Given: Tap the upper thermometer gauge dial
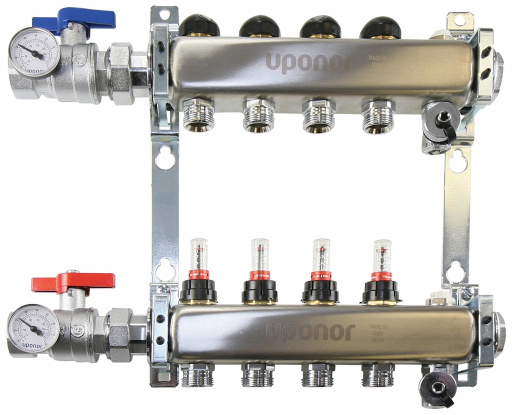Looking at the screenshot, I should [34, 52].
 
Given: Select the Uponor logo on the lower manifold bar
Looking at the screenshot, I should [310, 331].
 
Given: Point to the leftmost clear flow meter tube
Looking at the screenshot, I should [198, 254].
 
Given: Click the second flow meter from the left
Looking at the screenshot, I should [259, 255].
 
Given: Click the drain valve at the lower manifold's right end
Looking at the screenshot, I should [437, 386].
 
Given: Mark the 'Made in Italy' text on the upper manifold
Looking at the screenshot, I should [377, 61].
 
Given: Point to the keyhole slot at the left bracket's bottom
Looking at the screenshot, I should [165, 270].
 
